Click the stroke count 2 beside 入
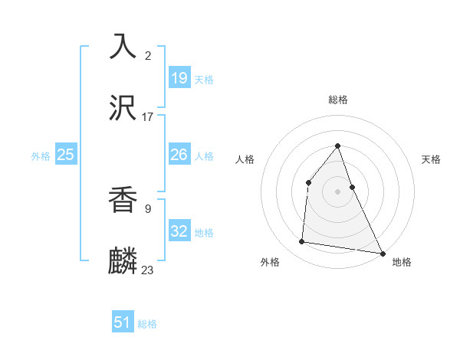[x=148, y=56]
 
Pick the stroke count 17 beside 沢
[x=148, y=117]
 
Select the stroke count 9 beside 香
[x=148, y=207]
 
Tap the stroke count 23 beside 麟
[x=148, y=270]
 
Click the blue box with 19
[x=179, y=77]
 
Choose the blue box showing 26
[x=179, y=155]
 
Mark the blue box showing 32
[x=179, y=231]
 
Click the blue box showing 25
[x=66, y=155]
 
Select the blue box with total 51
[x=123, y=322]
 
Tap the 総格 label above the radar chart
[x=338, y=100]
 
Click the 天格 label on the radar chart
[x=432, y=159]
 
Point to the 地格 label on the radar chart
[x=402, y=263]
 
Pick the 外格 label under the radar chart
[x=270, y=263]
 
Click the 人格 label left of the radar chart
[x=245, y=159]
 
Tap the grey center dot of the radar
[x=338, y=191]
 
